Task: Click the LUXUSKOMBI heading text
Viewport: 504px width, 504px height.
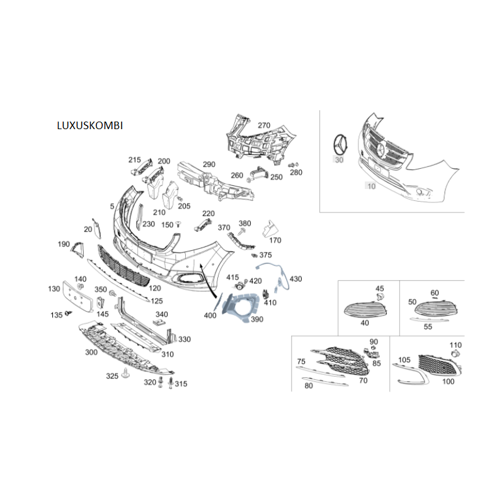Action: [x=89, y=125]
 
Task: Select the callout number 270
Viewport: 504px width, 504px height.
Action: [x=264, y=125]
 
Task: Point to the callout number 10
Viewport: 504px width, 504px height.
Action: [x=371, y=186]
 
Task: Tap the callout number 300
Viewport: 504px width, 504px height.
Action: [x=91, y=352]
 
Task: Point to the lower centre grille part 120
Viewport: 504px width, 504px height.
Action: [x=123, y=266]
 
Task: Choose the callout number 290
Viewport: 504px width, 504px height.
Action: [x=209, y=164]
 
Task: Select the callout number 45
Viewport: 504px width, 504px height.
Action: [x=380, y=289]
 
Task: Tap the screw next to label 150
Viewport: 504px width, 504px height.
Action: [x=178, y=224]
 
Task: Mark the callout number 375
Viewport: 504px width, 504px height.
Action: [x=265, y=255]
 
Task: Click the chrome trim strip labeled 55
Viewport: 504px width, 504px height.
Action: [x=430, y=319]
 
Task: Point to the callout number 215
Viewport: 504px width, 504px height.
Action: [x=134, y=160]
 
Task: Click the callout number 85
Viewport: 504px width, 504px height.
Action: [x=376, y=364]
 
